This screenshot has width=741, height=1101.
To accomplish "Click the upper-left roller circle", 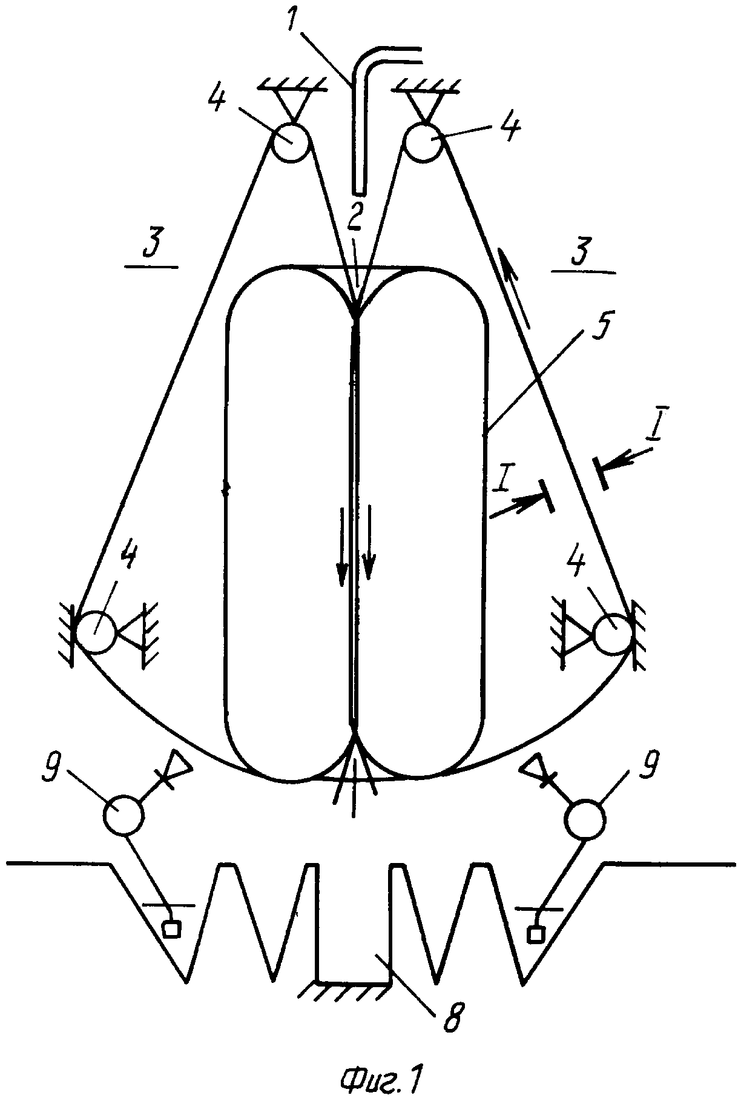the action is click(x=290, y=142).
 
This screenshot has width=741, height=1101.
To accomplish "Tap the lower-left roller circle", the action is click(x=96, y=632).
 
